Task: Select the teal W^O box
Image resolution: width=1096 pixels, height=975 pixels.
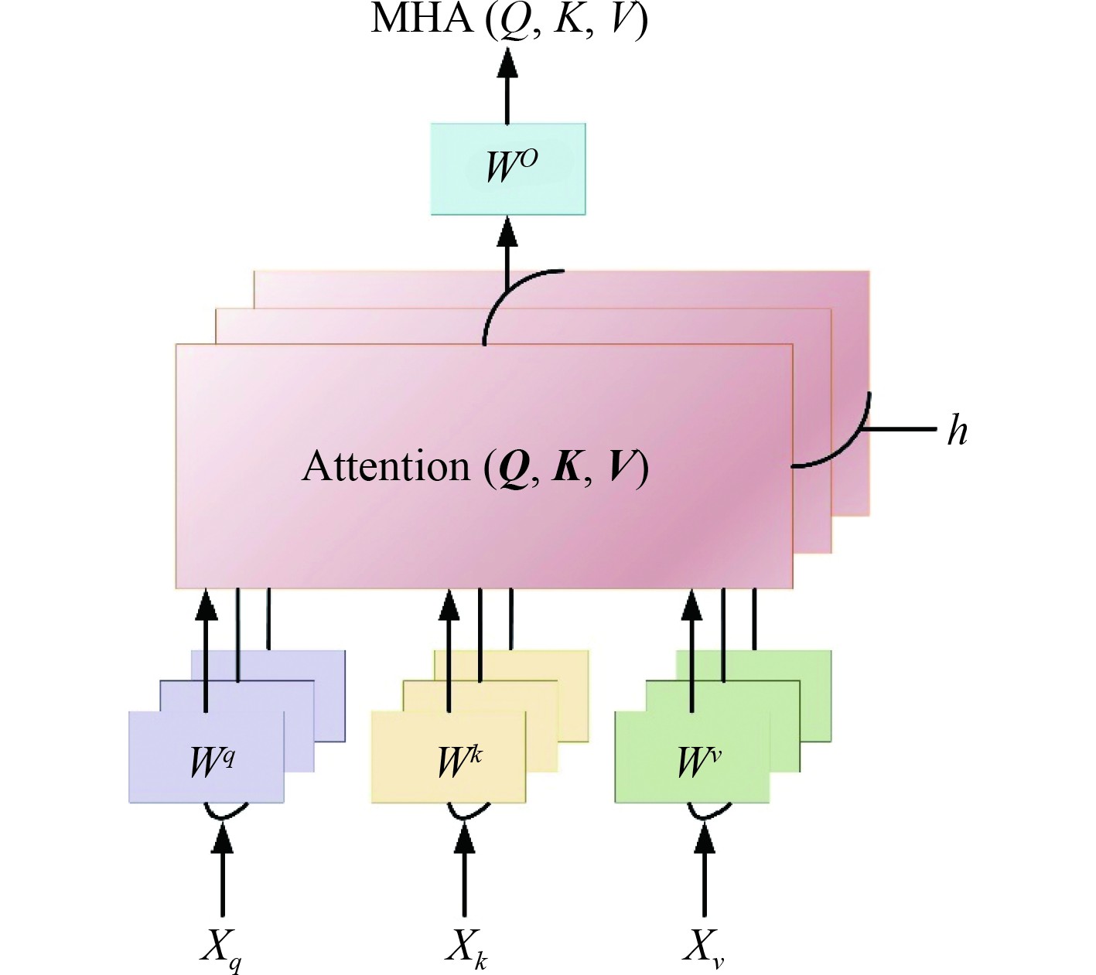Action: (508, 169)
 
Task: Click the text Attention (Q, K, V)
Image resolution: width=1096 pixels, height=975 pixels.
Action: (475, 467)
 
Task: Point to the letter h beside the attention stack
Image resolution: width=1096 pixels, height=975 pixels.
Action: (958, 430)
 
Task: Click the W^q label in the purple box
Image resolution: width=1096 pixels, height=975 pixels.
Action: (211, 761)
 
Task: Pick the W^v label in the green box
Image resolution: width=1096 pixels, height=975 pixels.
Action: (698, 761)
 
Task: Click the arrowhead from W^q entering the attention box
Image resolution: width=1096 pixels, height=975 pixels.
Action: (207, 605)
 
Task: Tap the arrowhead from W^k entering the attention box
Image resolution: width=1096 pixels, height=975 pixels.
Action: (449, 605)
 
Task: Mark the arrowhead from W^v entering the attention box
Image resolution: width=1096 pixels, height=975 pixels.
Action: (692, 605)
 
